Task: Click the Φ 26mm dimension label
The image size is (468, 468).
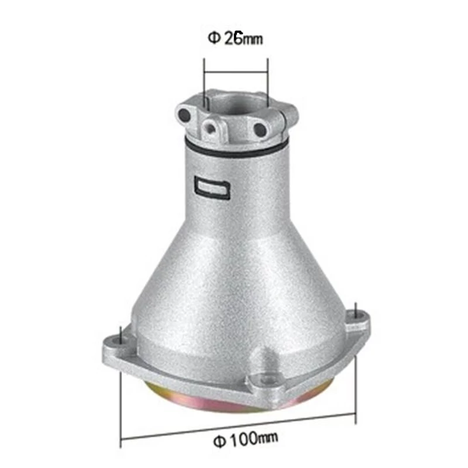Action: click(236, 39)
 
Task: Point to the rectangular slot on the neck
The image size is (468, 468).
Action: click(211, 187)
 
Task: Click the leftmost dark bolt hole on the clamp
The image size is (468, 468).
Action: click(185, 115)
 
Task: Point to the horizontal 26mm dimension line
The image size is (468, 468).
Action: click(235, 72)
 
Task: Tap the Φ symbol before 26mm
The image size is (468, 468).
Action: click(215, 39)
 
